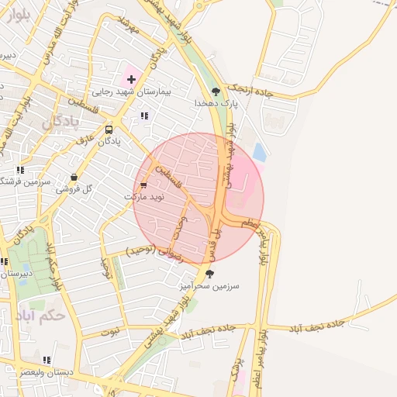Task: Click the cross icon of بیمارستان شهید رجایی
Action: coord(131,79)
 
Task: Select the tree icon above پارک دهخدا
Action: coord(215,91)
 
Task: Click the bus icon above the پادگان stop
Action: coord(109,130)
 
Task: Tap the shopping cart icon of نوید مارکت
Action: coord(143,185)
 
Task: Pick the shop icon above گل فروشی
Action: coord(74,178)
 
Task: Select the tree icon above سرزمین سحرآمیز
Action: coord(209,273)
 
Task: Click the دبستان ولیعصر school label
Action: coord(48,372)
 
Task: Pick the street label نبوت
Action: coord(111,331)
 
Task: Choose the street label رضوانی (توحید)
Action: coord(154,251)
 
